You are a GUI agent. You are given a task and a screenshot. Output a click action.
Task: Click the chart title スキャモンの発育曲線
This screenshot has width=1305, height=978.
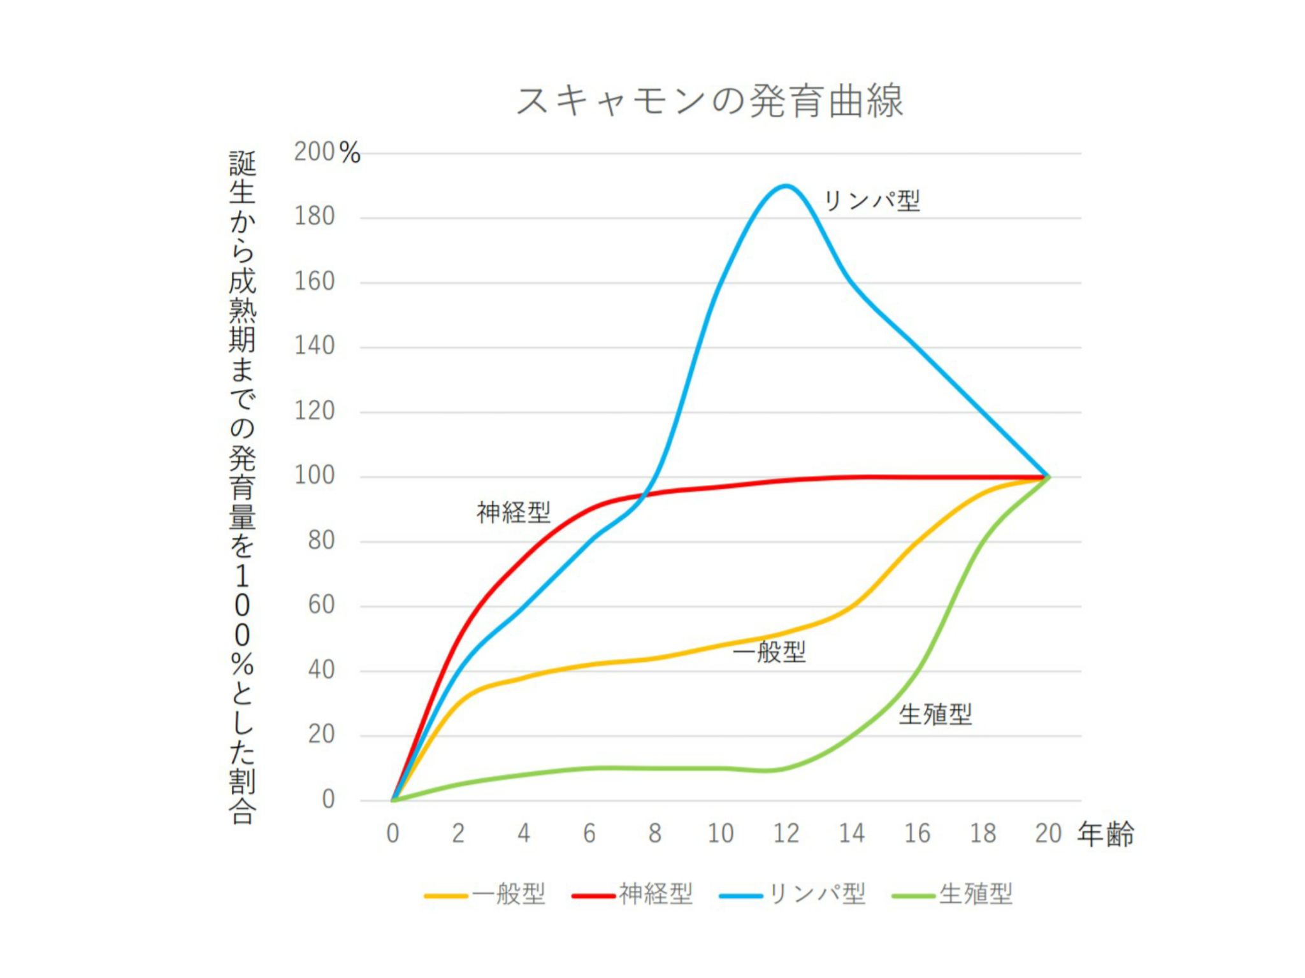[709, 101]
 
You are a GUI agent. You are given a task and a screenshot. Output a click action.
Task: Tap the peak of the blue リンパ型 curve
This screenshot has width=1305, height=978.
[786, 186]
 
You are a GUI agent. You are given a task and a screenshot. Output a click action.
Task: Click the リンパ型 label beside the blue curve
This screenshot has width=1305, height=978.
[872, 201]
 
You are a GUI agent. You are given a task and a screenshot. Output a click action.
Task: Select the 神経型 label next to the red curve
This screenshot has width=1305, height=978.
[514, 512]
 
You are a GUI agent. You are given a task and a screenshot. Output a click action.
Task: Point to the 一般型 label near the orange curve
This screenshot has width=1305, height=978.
[770, 652]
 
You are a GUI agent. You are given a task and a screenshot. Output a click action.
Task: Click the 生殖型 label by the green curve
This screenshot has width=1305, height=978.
[935, 715]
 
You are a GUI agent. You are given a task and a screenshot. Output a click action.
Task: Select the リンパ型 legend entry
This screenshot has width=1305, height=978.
[793, 894]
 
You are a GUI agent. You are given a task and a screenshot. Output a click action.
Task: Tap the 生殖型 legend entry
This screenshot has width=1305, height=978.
[953, 894]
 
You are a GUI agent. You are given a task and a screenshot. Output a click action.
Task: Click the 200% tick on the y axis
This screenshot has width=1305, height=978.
[327, 153]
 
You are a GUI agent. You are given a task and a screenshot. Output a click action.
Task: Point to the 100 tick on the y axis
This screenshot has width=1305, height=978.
[314, 476]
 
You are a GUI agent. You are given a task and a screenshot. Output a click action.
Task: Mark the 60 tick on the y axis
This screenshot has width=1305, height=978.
[321, 605]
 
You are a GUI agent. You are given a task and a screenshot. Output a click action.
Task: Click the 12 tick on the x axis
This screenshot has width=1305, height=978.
[786, 833]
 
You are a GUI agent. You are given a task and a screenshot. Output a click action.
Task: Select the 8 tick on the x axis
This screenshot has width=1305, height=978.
[655, 833]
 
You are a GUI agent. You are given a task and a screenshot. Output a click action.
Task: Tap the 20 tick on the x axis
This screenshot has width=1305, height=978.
[1048, 833]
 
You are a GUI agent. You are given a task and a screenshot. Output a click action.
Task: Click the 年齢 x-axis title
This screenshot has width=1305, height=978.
[1106, 835]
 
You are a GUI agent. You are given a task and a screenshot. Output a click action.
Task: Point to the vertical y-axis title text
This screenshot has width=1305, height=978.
[242, 487]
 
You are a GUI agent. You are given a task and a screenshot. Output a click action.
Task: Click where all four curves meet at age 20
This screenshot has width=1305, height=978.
[1048, 477]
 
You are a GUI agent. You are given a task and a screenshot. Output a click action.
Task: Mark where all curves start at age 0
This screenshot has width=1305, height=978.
[393, 800]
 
